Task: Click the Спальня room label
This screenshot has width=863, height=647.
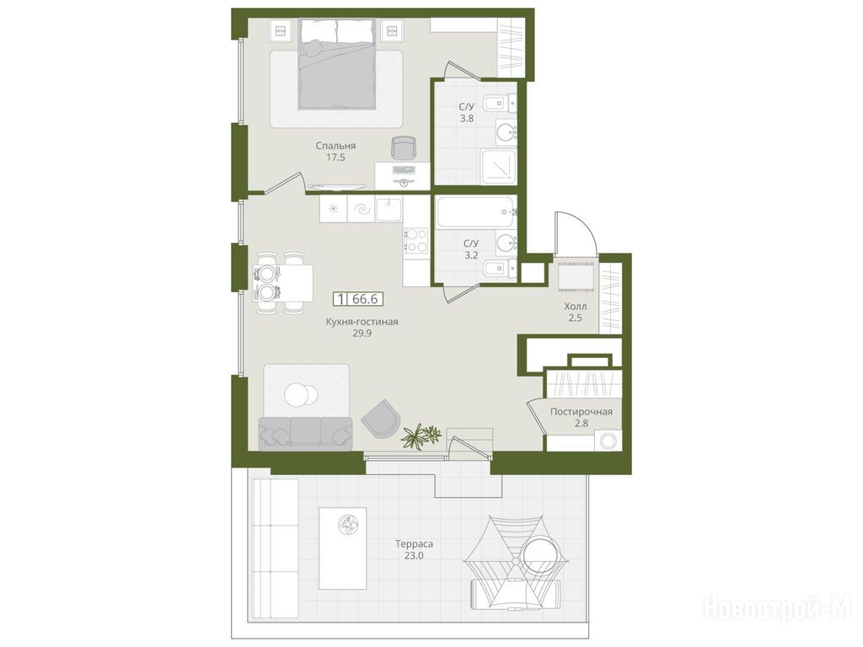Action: coord(335,146)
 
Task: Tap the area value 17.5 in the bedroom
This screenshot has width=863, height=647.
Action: coord(335,158)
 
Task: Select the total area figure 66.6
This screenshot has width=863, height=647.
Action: coord(365,299)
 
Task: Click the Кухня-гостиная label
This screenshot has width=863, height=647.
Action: coord(361,322)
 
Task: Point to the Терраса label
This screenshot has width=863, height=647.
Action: coord(414,544)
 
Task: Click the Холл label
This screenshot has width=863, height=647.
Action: coord(575,307)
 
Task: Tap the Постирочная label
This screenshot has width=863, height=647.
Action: coord(582,411)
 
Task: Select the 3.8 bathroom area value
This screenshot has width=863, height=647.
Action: coord(467,118)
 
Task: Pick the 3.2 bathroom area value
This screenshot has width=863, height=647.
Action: coord(470,254)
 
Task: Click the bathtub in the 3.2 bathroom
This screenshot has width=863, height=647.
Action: coord(476,212)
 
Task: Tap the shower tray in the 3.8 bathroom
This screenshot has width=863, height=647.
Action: coord(499,166)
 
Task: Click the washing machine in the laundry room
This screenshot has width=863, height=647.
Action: coord(608,441)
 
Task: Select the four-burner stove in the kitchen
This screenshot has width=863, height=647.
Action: coord(416,240)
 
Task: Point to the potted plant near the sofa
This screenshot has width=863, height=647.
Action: coord(421,436)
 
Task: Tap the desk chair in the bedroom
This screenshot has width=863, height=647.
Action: coord(405,147)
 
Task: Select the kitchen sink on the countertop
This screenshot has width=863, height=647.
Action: coord(389,210)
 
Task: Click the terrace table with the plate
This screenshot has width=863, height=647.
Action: coord(343,548)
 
